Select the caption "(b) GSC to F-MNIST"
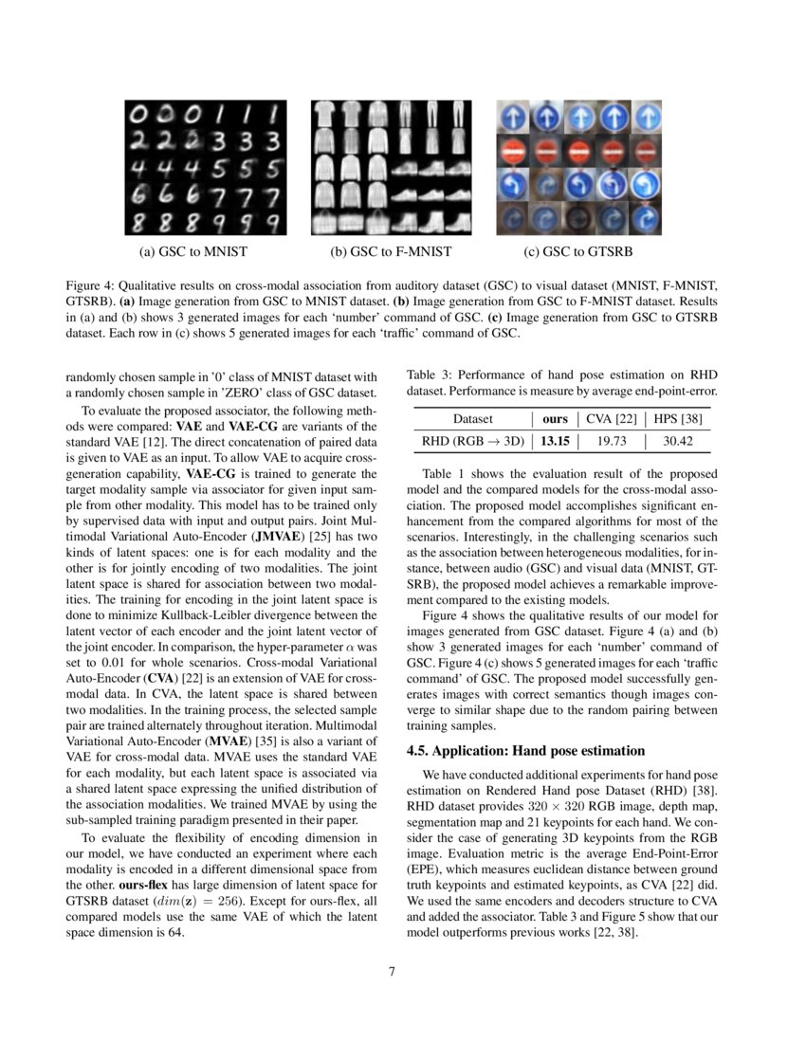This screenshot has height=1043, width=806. coord(390,252)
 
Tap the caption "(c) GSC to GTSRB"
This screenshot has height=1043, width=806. coord(577,252)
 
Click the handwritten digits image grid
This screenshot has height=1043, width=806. coord(205,169)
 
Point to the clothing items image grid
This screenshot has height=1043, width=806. coord(391,169)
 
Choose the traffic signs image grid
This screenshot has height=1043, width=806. coord(577,169)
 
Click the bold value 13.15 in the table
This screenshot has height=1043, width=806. coord(555,441)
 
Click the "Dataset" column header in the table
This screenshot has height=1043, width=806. coord(473,418)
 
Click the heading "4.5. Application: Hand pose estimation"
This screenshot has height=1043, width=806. coord(526,752)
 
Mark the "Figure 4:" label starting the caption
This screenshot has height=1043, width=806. coord(92,284)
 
